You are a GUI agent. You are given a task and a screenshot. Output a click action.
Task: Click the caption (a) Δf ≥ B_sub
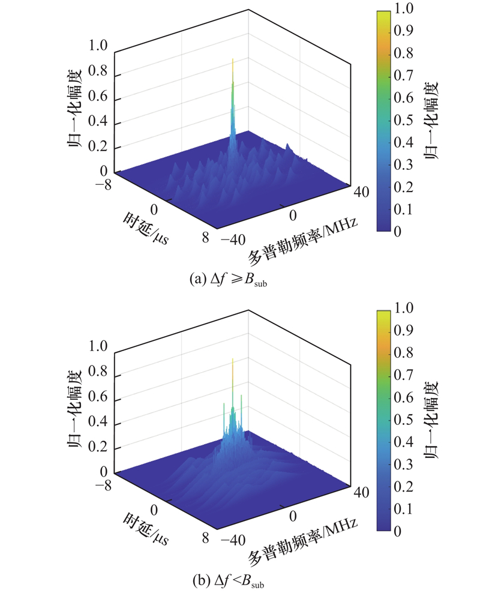pos(227,279)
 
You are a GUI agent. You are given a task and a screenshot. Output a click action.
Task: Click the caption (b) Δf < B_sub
pos(226,580)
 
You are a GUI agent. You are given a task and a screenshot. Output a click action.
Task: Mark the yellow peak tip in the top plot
pos(232,59)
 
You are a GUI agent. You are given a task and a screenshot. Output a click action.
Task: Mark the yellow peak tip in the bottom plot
pos(232,360)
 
